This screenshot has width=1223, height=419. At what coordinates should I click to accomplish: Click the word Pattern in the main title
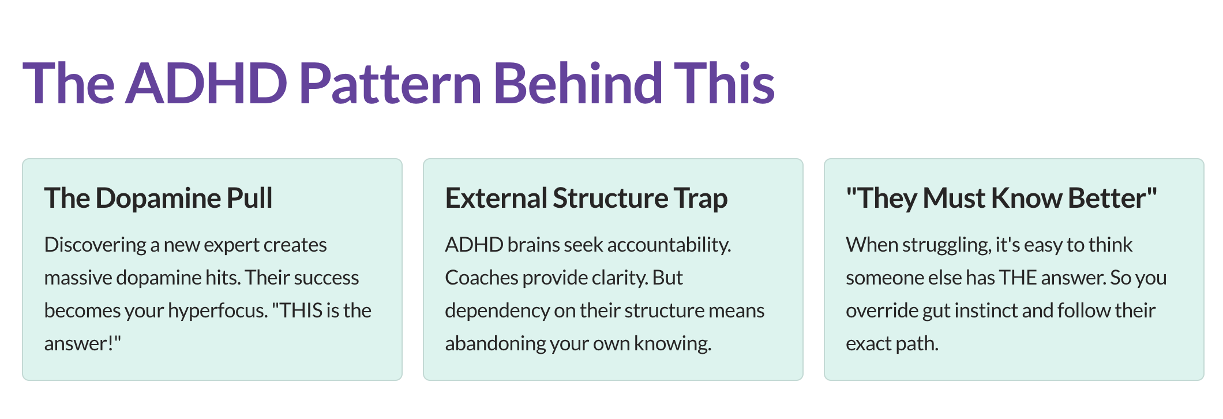tap(390, 84)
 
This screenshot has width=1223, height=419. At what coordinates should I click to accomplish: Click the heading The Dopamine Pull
tap(158, 198)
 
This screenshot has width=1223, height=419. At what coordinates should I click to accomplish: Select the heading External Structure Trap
tap(586, 198)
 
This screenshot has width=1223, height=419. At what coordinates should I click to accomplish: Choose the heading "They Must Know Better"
tap(1001, 198)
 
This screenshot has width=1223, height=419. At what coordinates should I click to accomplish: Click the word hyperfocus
tap(218, 311)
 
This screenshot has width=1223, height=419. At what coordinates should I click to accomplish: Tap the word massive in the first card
tap(78, 278)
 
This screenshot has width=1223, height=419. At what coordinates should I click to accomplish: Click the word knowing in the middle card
tap(673, 344)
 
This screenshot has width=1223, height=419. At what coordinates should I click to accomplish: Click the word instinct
tap(990, 311)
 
